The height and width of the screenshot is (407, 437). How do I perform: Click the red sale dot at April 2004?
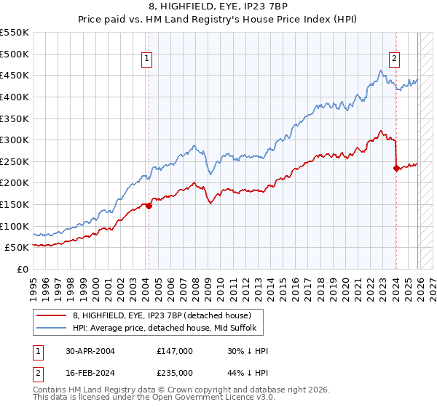click(x=149, y=206)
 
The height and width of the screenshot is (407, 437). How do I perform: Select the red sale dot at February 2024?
click(x=396, y=168)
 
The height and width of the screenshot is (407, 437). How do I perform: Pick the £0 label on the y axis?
click(x=23, y=269)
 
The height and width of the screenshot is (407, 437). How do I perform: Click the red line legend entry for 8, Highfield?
click(x=162, y=315)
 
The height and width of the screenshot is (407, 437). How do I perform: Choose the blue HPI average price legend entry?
click(x=165, y=329)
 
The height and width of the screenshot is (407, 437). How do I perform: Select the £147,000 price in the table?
click(x=175, y=351)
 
